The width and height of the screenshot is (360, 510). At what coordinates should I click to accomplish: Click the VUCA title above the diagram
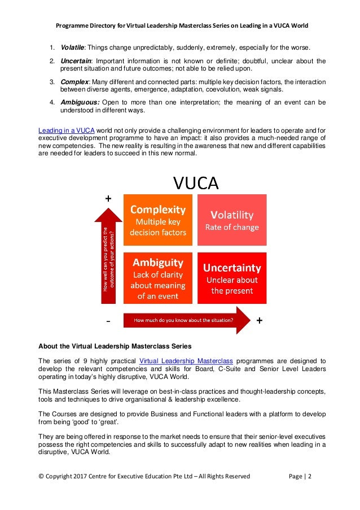196,184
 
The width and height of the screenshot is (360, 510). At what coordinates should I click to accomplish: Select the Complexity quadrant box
158,220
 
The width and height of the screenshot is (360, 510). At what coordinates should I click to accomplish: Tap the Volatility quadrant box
232,220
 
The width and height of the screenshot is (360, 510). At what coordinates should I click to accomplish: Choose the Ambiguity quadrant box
158,277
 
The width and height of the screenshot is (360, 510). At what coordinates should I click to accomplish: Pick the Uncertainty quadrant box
232,277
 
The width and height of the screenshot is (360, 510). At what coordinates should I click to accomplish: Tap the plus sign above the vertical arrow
108,199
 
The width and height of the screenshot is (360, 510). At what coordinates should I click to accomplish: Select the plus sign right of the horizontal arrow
260,320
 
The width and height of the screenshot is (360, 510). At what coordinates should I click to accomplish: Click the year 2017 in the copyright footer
79,476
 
